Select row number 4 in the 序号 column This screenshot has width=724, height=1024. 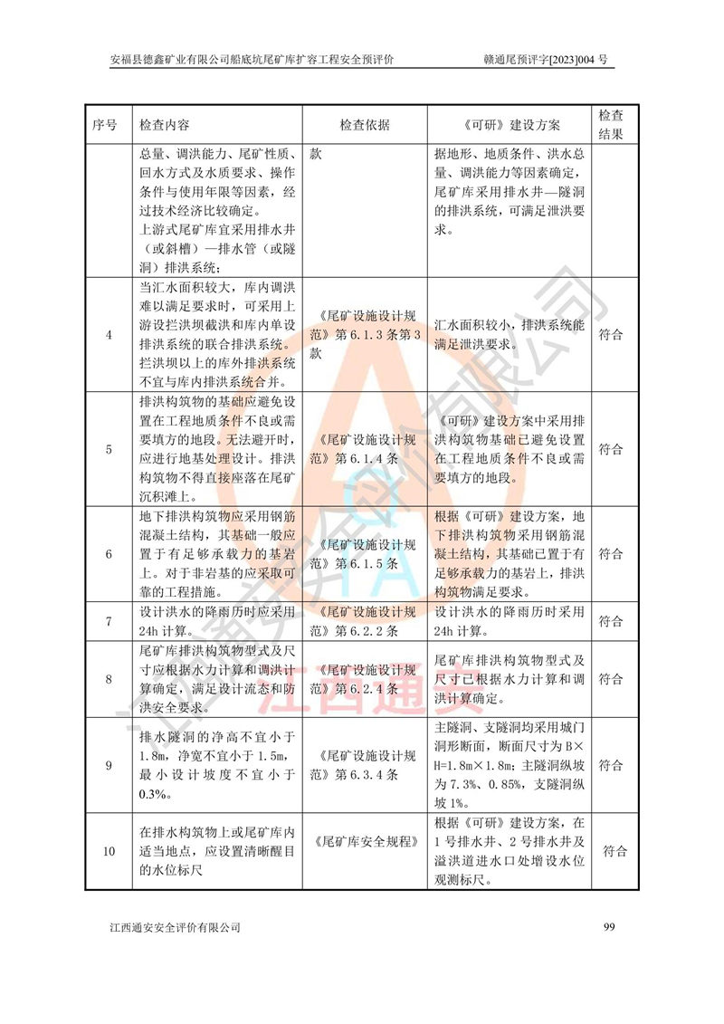(x=109, y=335)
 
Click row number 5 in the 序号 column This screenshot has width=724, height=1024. (x=109, y=449)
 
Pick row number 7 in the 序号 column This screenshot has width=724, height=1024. (x=109, y=622)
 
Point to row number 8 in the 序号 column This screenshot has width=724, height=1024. (x=109, y=679)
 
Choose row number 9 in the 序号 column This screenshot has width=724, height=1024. (x=109, y=765)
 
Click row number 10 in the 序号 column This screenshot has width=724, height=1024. (x=109, y=852)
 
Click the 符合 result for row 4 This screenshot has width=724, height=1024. (x=611, y=335)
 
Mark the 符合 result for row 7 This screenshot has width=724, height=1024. (x=611, y=622)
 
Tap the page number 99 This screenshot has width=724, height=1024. (x=608, y=927)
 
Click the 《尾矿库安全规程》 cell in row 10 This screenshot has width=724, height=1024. (x=365, y=842)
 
